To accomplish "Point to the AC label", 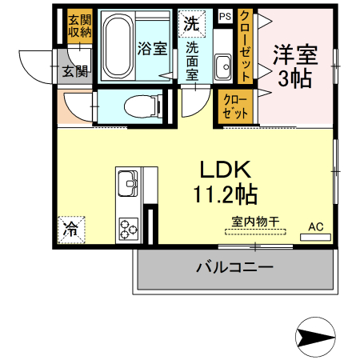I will click(315, 226).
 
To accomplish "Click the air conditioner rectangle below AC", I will click(316, 237).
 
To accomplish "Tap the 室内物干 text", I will click(255, 221).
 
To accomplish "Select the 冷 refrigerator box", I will click(70, 230).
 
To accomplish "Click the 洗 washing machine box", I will click(192, 22).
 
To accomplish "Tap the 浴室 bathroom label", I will click(153, 48).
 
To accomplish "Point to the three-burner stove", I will click(128, 228).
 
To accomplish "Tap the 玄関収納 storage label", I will click(78, 27).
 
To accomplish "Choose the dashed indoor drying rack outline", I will click(255, 233).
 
